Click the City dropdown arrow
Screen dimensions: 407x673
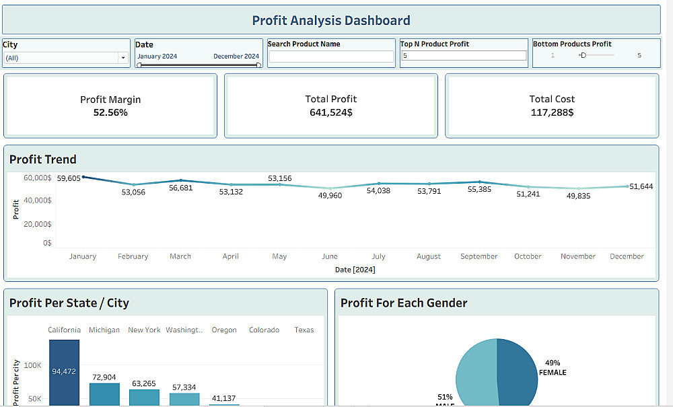(123, 58)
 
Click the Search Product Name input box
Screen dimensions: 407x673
(331, 57)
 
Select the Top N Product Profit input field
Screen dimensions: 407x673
(464, 56)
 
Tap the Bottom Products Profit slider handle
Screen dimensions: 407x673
(583, 55)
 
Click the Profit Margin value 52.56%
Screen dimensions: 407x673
(110, 112)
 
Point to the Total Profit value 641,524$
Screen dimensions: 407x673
(331, 112)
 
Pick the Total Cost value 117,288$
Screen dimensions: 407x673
(552, 112)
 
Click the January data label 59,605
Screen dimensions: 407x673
(69, 178)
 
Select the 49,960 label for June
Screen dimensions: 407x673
(330, 196)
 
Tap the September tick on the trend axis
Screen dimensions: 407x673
(479, 256)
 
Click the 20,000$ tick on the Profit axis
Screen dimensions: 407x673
(38, 224)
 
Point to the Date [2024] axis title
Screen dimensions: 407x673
(355, 270)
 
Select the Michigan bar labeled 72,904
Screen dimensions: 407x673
(104, 394)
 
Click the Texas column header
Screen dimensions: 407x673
(304, 330)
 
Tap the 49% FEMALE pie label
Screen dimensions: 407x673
(553, 367)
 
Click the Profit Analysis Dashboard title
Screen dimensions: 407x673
(331, 20)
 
